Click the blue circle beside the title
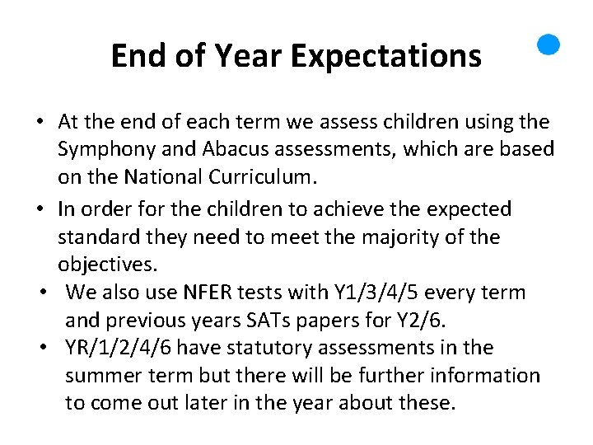[549, 44]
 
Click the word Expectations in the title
[385, 56]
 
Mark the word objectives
[105, 265]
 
